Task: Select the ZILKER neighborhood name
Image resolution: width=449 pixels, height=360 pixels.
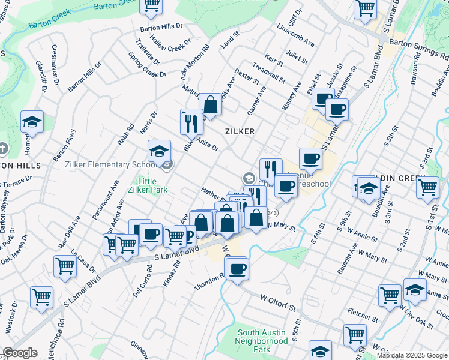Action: [240, 131]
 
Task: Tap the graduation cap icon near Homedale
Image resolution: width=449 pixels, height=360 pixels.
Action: [32, 122]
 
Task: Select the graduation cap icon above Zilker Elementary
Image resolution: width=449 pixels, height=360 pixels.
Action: [160, 151]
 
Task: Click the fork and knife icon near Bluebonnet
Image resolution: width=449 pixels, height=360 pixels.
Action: [191, 123]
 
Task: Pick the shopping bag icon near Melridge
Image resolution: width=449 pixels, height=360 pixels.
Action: [211, 104]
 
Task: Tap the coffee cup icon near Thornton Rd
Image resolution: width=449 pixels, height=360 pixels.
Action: [238, 268]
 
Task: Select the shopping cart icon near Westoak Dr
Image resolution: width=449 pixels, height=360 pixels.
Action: [41, 297]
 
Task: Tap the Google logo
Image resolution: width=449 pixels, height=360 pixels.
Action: [20, 353]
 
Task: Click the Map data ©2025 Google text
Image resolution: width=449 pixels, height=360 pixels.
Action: [412, 355]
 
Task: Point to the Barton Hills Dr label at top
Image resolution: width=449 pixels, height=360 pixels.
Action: [161, 27]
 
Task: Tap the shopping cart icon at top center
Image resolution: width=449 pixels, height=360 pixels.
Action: [152, 5]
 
